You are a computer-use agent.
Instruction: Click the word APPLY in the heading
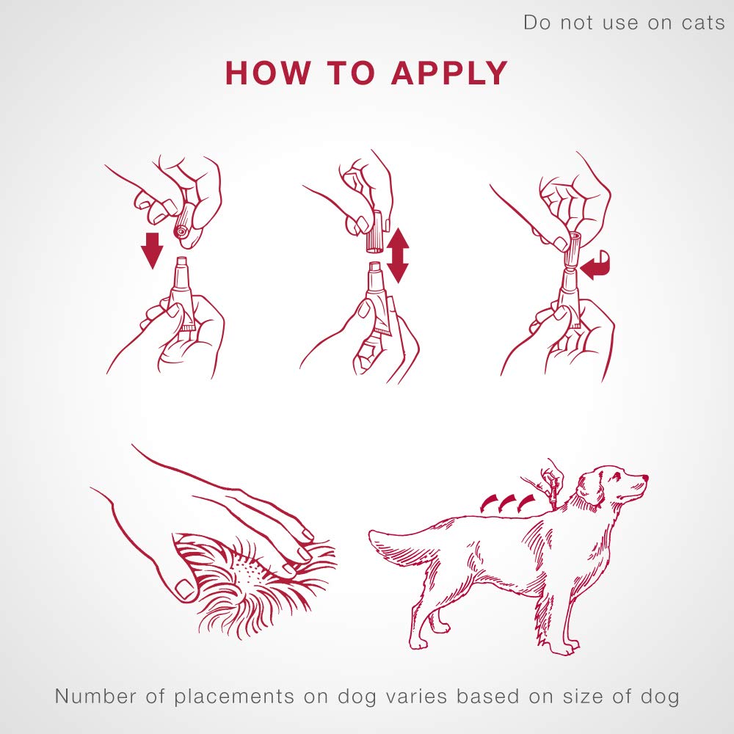[x=449, y=73]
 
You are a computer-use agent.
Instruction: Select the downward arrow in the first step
[x=152, y=250]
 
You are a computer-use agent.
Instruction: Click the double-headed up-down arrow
[x=397, y=255]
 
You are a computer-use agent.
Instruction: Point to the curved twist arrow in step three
[x=596, y=269]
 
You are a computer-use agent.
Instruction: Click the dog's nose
[x=645, y=477]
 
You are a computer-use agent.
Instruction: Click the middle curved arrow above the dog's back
[x=506, y=502]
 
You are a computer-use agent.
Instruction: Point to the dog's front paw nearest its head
[x=568, y=650]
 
